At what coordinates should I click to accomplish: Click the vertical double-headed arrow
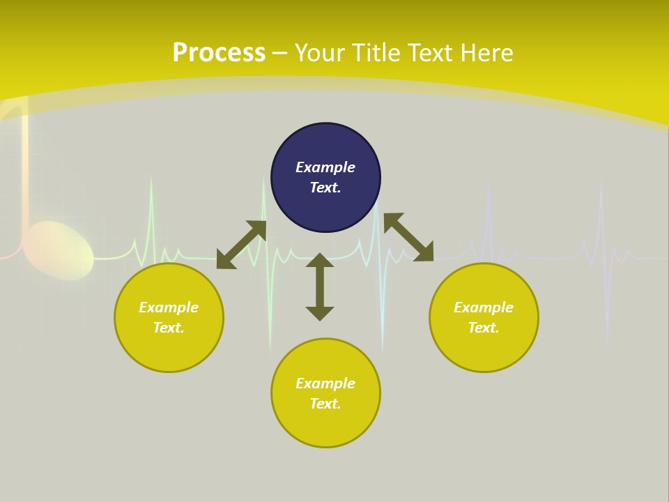320,287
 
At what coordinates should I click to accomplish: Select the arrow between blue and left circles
241,245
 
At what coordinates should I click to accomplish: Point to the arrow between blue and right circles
408,237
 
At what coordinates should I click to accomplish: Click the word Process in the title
219,52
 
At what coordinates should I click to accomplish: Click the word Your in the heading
318,52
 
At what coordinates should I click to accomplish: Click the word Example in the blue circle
325,167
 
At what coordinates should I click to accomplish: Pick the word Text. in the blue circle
325,188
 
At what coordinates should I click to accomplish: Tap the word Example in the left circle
169,307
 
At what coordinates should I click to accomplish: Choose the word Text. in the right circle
484,328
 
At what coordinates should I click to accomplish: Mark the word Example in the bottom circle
325,383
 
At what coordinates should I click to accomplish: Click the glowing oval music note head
59,250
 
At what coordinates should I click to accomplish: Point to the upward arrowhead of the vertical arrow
320,259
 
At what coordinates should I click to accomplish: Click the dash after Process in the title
279,53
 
